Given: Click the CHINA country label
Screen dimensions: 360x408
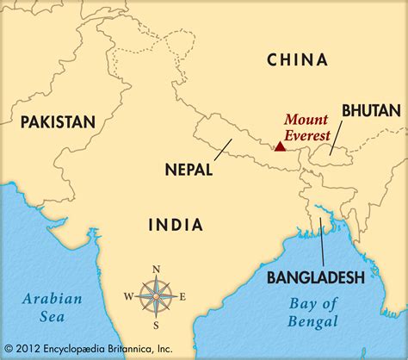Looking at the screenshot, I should (x=297, y=59).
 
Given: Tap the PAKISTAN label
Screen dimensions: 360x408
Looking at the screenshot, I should (x=58, y=121).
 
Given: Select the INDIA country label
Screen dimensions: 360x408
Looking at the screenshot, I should (x=176, y=225).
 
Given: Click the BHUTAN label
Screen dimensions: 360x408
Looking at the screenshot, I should (x=370, y=109).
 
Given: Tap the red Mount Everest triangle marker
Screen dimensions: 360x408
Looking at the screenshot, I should (x=280, y=146).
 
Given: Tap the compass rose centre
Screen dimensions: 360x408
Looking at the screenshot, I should (x=156, y=295).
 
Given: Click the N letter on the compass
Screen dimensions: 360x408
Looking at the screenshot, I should (x=156, y=269).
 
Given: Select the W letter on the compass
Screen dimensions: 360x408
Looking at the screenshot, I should (x=128, y=296).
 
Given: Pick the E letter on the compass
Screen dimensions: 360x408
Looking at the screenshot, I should (x=182, y=296).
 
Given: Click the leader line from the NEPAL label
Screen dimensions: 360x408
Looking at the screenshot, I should (x=219, y=150).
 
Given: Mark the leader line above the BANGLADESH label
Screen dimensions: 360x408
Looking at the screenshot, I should (x=321, y=242).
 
